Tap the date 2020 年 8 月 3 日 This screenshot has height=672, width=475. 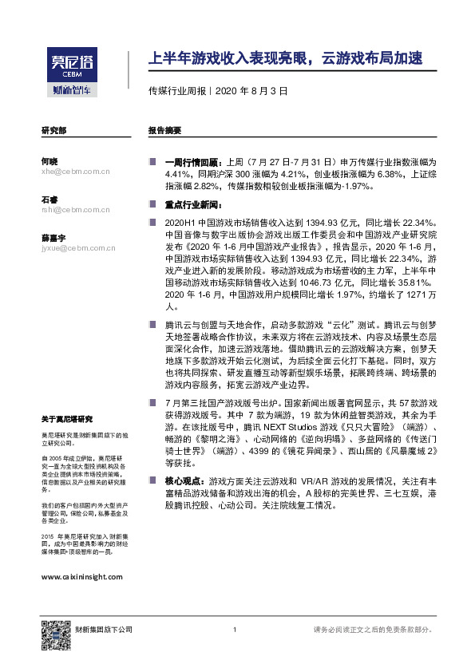tap(251, 92)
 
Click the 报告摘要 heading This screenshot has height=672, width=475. tap(164, 129)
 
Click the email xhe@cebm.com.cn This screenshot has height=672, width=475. tap(75, 171)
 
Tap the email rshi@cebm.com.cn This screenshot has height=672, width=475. tap(75, 210)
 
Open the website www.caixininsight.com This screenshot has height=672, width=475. tap(81, 575)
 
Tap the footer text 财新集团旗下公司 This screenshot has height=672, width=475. tap(103, 630)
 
